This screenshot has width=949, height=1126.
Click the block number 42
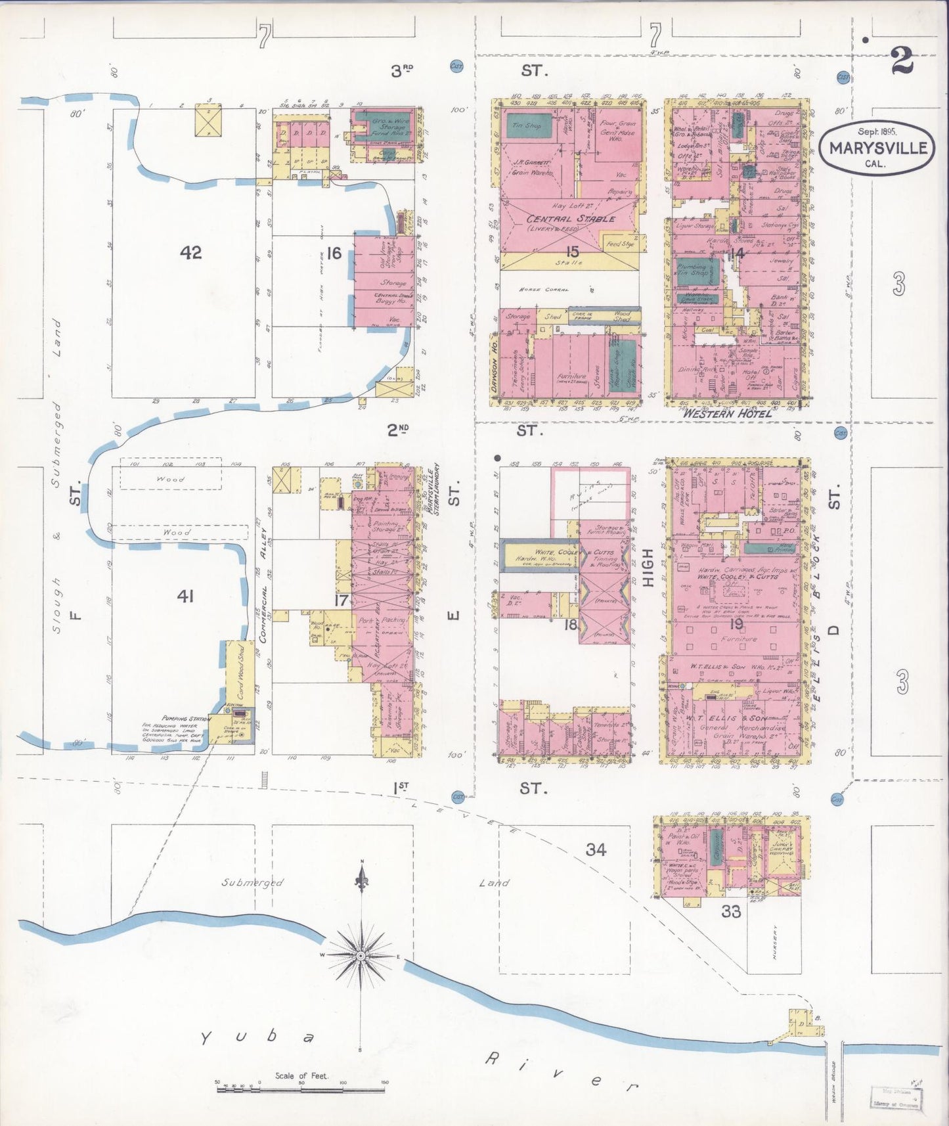point(191,252)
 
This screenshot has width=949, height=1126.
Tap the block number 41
point(186,597)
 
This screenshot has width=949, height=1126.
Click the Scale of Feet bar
point(302,1089)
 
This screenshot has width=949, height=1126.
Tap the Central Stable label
point(571,219)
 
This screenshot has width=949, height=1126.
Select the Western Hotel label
point(728,413)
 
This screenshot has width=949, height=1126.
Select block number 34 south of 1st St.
point(596,849)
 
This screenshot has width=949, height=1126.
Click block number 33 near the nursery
point(730,911)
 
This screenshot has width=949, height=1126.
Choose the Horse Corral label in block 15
point(543,289)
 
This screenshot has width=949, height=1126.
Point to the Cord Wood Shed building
point(231,677)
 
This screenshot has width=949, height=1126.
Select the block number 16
point(334,253)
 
